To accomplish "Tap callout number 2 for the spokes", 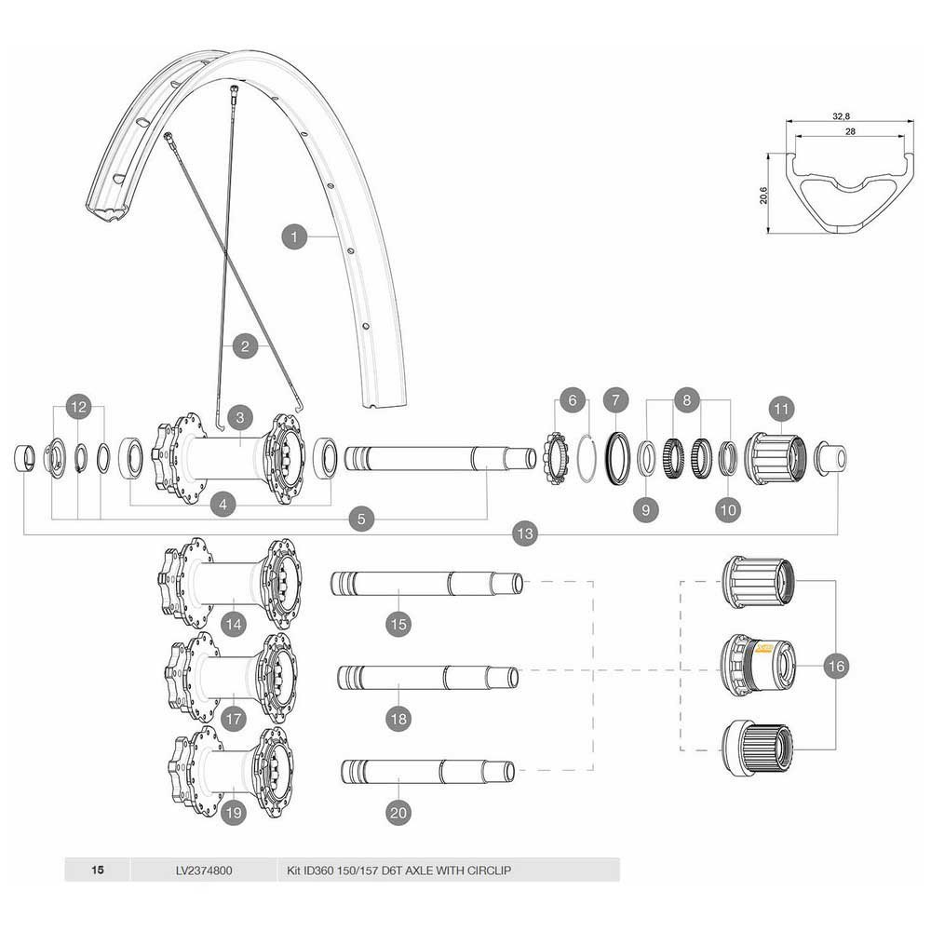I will coord(245,347).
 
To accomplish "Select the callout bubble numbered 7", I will coord(614,400).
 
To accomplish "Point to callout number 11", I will coord(779,409).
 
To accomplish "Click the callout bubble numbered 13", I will coord(525,533).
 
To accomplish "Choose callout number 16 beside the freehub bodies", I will coord(835,667).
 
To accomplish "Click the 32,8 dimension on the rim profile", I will coord(841,116).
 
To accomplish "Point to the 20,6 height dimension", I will coord(763,196).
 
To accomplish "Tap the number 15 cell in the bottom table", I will coord(98,871).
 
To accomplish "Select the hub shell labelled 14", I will coord(233,582).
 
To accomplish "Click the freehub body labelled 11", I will coord(773,458).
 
